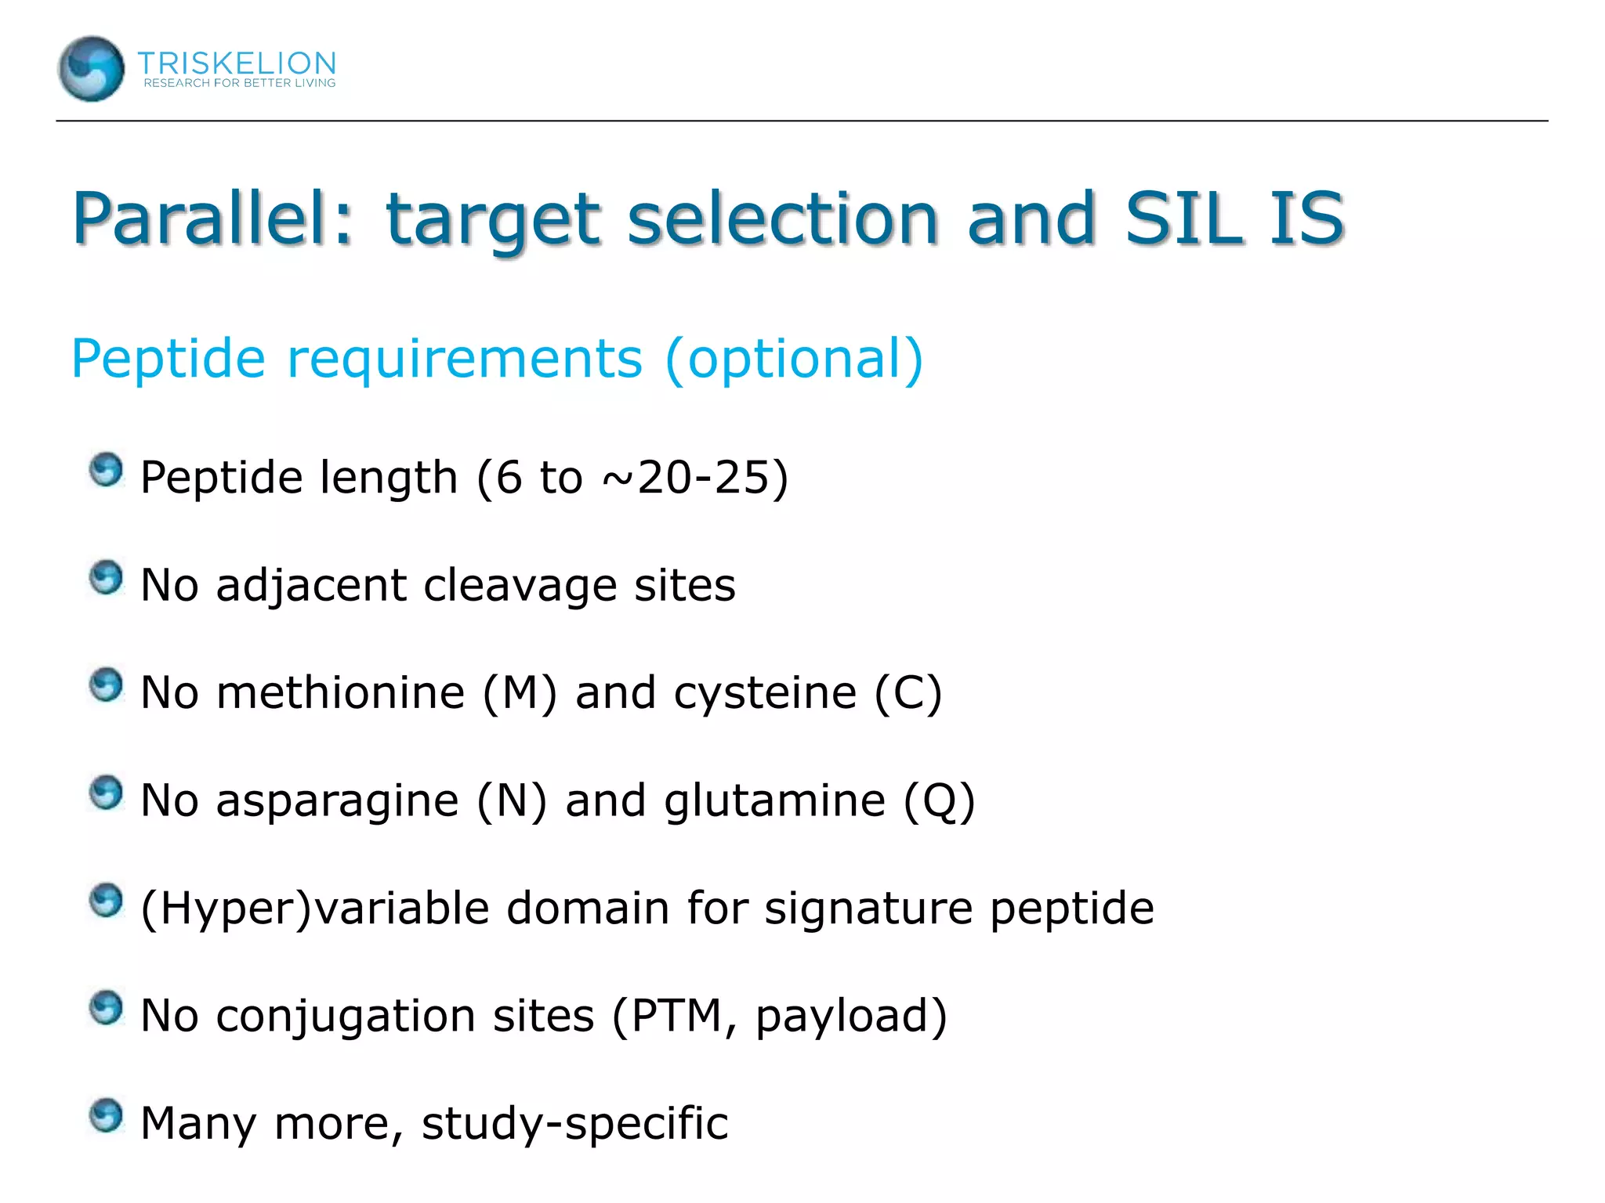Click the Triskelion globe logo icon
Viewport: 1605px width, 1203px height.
click(91, 69)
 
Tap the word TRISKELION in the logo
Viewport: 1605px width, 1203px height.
click(237, 63)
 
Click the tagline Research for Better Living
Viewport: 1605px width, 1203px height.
click(239, 83)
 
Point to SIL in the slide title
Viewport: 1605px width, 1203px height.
click(1183, 219)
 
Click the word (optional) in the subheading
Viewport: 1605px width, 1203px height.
click(794, 359)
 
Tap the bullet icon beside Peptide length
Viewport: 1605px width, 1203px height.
click(106, 470)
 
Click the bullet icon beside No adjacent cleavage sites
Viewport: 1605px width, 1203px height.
click(106, 578)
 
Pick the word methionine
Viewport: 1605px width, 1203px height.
click(340, 693)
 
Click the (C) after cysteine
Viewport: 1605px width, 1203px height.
click(908, 693)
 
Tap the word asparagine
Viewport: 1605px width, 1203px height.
click(337, 801)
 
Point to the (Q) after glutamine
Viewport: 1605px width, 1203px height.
click(939, 801)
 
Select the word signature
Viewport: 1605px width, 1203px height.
click(868, 909)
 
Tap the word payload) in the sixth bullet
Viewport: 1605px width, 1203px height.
click(851, 1017)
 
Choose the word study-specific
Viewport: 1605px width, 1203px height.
click(574, 1124)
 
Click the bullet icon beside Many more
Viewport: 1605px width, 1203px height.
click(106, 1115)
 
